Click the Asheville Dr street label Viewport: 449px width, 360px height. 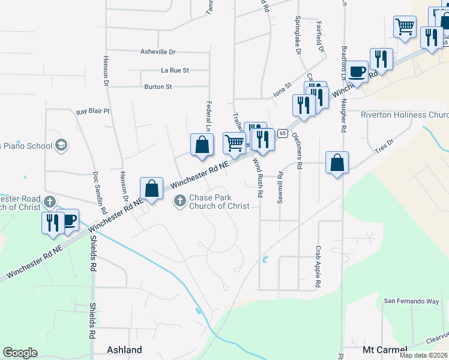pos(158,52)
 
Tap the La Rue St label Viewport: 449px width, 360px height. pos(175,70)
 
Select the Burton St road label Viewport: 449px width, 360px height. pos(158,87)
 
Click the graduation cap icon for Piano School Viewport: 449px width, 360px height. pos(60,145)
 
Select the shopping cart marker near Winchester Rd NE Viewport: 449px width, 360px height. pos(234,142)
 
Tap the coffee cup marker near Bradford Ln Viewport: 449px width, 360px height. pos(358,72)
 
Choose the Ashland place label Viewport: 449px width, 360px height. pos(124,350)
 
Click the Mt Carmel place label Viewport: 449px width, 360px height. pos(385,350)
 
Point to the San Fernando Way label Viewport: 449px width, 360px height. pos(412,301)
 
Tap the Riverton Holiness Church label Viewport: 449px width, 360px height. pos(405,115)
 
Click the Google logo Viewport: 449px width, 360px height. pos(20,353)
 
